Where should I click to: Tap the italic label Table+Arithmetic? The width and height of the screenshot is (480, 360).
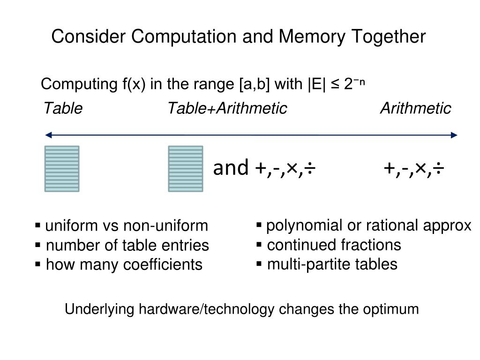227,109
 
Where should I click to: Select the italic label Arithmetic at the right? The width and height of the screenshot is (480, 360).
415,109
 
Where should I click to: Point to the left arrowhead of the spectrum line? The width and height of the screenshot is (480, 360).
48,135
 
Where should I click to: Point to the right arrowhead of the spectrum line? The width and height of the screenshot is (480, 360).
454,135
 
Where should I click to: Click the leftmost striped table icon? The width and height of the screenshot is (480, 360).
62,169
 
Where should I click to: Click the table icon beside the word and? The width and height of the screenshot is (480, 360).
186,169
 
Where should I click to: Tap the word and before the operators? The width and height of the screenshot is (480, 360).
231,168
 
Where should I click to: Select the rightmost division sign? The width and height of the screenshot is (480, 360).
438,167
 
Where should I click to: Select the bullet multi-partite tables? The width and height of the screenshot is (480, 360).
332,264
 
